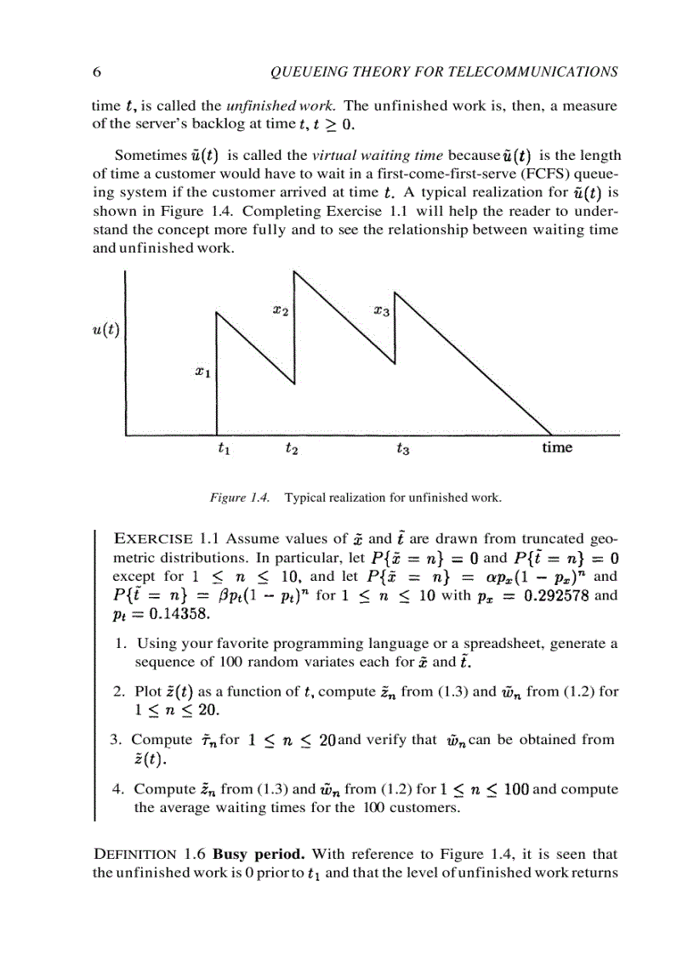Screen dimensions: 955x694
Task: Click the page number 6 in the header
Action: point(96,72)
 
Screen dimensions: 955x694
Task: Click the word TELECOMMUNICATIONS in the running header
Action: point(537,72)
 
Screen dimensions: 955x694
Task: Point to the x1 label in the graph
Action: point(201,371)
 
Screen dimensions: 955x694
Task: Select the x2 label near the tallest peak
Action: point(280,312)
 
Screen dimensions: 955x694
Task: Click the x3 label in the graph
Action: point(381,312)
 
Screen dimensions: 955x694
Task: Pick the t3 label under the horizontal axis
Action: point(403,449)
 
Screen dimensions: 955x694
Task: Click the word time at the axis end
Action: point(557,447)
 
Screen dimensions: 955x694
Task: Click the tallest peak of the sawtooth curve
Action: point(294,270)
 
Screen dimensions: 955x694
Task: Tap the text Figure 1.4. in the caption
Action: point(240,497)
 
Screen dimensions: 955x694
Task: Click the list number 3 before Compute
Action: point(116,740)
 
